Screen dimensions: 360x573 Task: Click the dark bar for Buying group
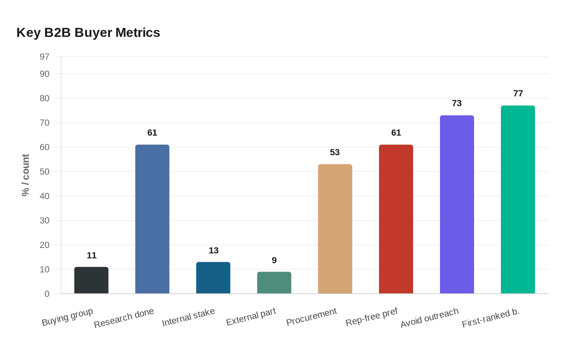pyautogui.click(x=91, y=280)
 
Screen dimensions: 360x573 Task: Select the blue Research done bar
pyautogui.click(x=152, y=219)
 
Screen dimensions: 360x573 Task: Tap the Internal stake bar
pyautogui.click(x=213, y=278)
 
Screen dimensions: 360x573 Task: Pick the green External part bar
pyautogui.click(x=274, y=283)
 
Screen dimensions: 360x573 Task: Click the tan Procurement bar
pyautogui.click(x=335, y=229)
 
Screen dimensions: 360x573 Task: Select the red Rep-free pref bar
pyautogui.click(x=396, y=219)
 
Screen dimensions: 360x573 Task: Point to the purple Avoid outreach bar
pyautogui.click(x=457, y=205)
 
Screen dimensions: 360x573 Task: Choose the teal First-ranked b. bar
pyautogui.click(x=518, y=200)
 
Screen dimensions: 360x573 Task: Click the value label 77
pyautogui.click(x=518, y=94)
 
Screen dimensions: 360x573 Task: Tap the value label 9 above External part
pyautogui.click(x=274, y=261)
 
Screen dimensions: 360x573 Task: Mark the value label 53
pyautogui.click(x=335, y=153)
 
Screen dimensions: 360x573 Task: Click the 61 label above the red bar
pyautogui.click(x=396, y=133)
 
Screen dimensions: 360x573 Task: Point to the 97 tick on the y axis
pyautogui.click(x=45, y=57)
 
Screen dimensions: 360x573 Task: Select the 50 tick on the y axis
pyautogui.click(x=45, y=172)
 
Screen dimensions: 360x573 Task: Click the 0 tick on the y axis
pyautogui.click(x=47, y=294)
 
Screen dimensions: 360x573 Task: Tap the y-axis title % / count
pyautogui.click(x=26, y=175)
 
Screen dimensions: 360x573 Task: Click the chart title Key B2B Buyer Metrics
pyautogui.click(x=88, y=33)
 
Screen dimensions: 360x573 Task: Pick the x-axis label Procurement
pyautogui.click(x=311, y=317)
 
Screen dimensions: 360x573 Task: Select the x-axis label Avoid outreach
pyautogui.click(x=429, y=318)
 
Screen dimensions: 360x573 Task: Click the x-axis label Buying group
pyautogui.click(x=68, y=317)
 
